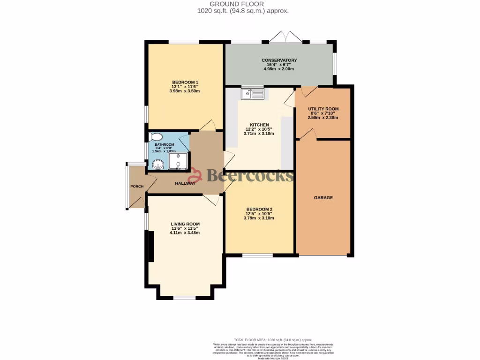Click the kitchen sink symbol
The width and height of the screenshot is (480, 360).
253,94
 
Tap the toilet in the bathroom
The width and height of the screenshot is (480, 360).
155,137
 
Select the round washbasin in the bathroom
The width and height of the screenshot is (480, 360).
158,164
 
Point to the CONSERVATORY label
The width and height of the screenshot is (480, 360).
279,60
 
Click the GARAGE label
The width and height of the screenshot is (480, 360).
323,198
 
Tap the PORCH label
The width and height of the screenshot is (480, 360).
137,187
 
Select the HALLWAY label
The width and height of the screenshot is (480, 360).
185,183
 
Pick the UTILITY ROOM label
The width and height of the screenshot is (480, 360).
323,109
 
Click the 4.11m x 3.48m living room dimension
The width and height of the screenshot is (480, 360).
185,232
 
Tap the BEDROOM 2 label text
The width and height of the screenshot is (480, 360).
259,209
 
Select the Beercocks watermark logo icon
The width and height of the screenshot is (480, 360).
196,175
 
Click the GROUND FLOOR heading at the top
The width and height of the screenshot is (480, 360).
240,4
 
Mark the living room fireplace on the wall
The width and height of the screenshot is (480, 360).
150,246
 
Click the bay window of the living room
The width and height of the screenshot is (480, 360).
185,297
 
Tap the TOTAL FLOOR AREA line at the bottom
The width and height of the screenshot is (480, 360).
273,339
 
